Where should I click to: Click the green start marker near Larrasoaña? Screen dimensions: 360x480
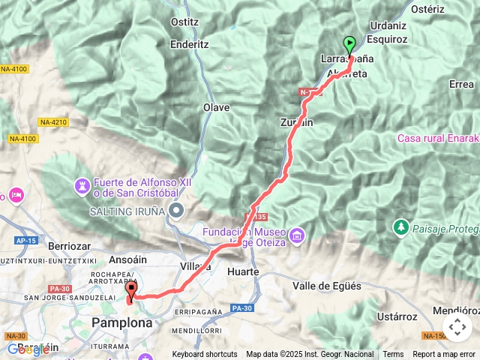[349, 43]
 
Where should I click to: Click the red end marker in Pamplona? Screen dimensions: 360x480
[131, 290]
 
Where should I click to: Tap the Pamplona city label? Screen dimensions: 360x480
[121, 322]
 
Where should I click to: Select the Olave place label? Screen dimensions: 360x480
[217, 107]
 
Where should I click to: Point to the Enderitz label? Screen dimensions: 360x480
[188, 45]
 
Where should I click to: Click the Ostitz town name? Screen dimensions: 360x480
[184, 22]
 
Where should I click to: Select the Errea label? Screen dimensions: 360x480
[461, 84]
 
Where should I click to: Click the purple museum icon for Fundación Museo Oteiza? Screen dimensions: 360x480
[297, 236]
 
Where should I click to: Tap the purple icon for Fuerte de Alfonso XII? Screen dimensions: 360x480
[82, 184]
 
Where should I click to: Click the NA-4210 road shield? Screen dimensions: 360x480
[54, 121]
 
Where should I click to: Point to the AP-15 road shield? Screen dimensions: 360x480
[25, 241]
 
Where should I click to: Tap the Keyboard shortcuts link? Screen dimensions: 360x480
[205, 354]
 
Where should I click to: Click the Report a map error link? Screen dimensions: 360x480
[442, 354]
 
